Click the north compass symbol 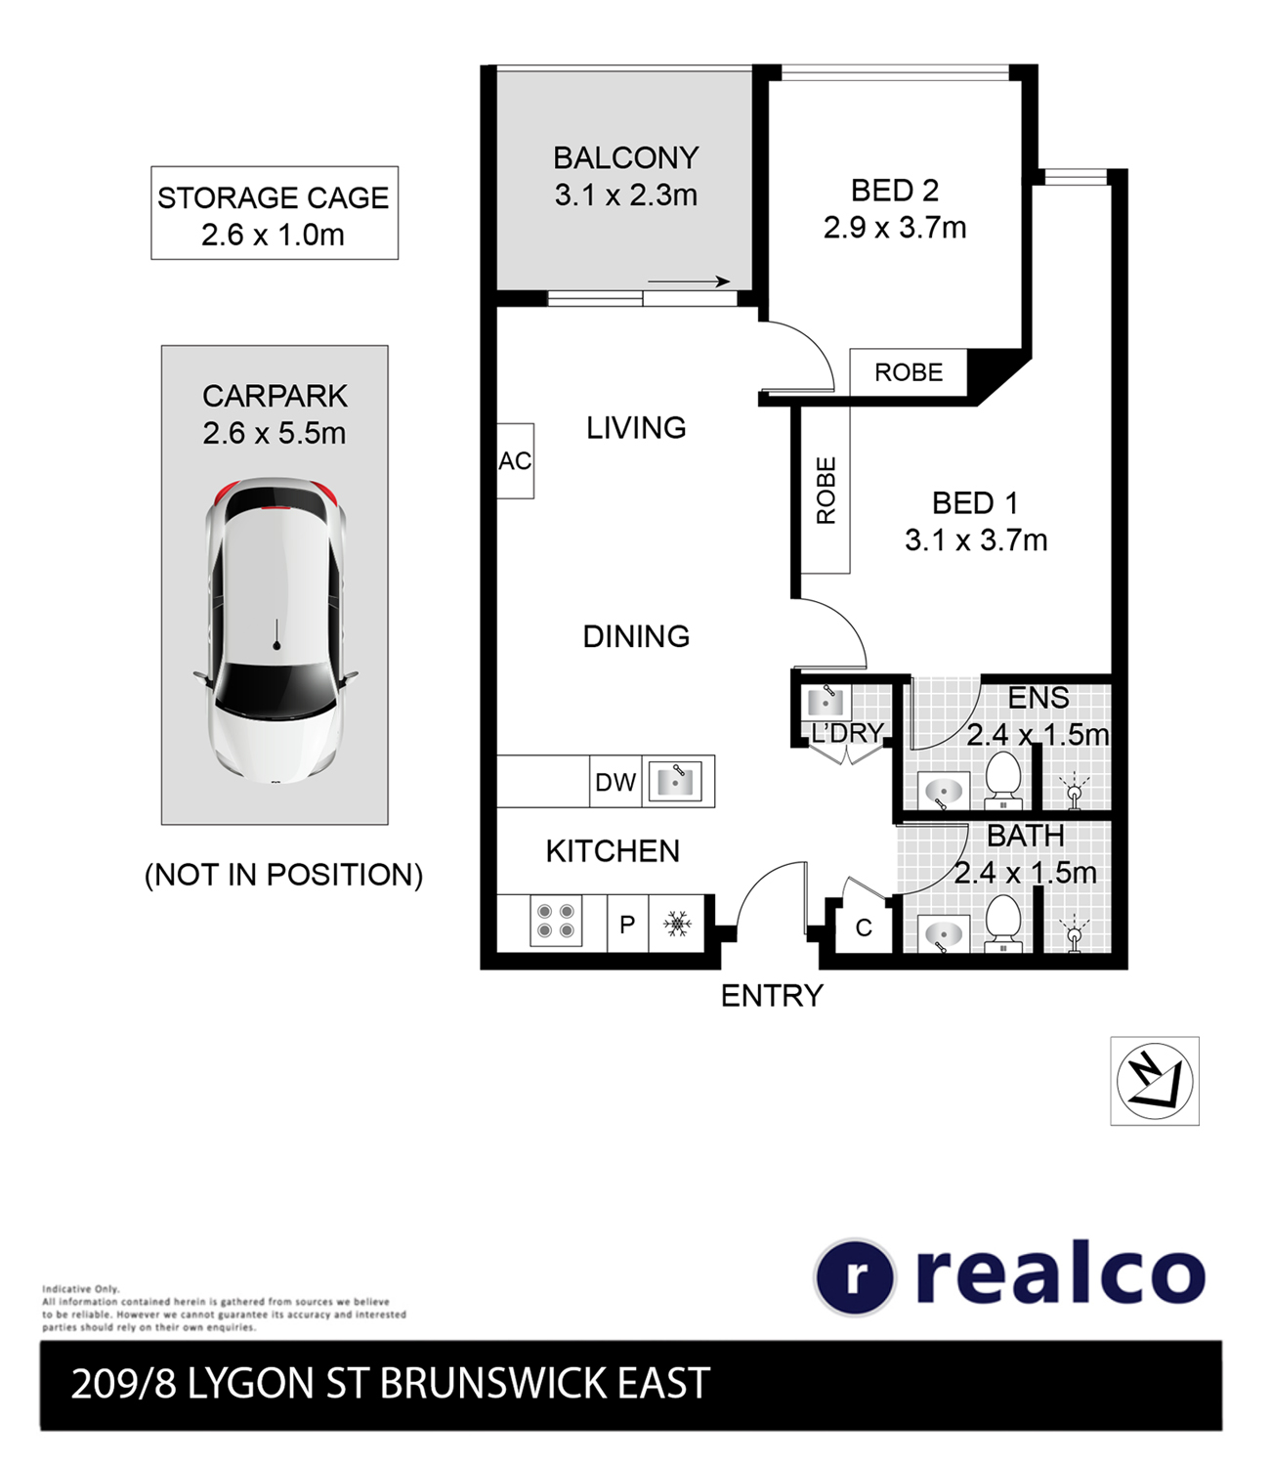(x=1154, y=1081)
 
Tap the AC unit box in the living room (x=515, y=460)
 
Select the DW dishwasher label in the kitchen (x=615, y=782)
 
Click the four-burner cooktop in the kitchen (x=556, y=921)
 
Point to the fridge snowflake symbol (x=677, y=924)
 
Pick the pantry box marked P (x=627, y=924)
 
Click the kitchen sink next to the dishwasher (x=674, y=780)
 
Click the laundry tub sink (x=826, y=703)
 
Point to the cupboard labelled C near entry (x=864, y=927)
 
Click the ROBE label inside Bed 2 (x=908, y=372)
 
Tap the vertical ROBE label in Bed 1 (x=826, y=491)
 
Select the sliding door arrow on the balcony (x=688, y=281)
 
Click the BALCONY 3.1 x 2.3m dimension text (x=626, y=194)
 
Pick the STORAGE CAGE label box (x=275, y=213)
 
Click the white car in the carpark (x=275, y=630)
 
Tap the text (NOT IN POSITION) (x=283, y=875)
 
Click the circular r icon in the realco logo (x=854, y=1276)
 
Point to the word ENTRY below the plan (x=772, y=995)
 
